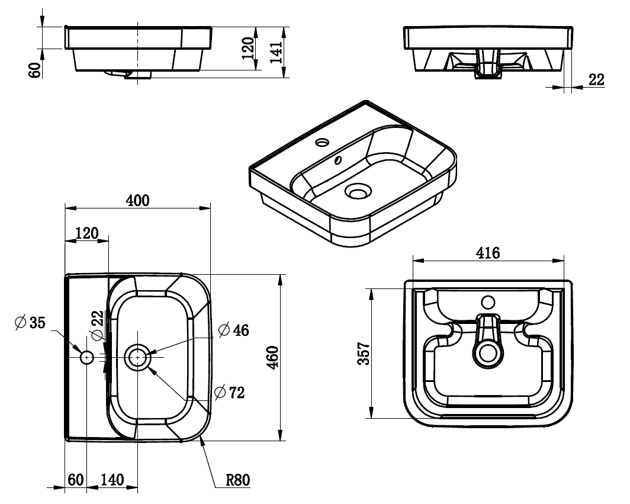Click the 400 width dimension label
tap(137, 200)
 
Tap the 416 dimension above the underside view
tap(488, 253)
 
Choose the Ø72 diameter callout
tap(228, 391)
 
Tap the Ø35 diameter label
tap(30, 323)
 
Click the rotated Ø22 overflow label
tap(98, 325)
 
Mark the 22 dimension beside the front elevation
tap(596, 80)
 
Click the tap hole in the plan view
tap(87, 358)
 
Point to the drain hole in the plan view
tap(138, 358)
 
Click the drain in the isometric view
tap(358, 192)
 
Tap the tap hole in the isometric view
tap(322, 142)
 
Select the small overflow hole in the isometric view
tap(339, 159)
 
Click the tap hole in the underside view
tap(488, 302)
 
